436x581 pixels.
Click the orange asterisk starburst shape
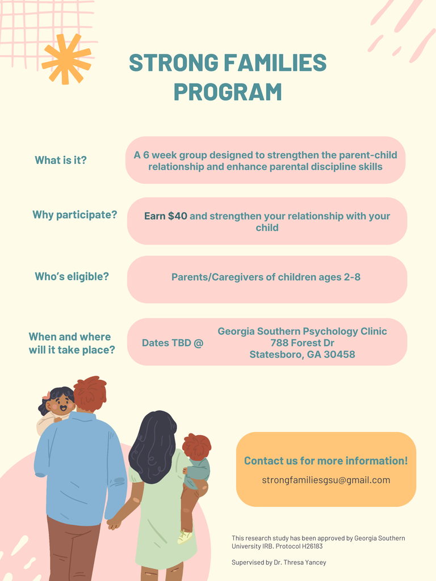(66, 59)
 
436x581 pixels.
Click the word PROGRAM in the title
(228, 92)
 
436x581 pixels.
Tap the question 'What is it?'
(61, 160)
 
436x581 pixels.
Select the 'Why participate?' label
(74, 214)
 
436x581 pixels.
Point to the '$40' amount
(177, 216)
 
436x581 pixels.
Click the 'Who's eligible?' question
(72, 276)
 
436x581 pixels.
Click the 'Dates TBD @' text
(172, 343)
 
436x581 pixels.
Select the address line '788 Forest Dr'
(302, 343)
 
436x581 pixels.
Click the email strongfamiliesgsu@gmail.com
(326, 480)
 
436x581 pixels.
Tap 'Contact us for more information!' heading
(326, 461)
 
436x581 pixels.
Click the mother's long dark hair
(152, 446)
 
